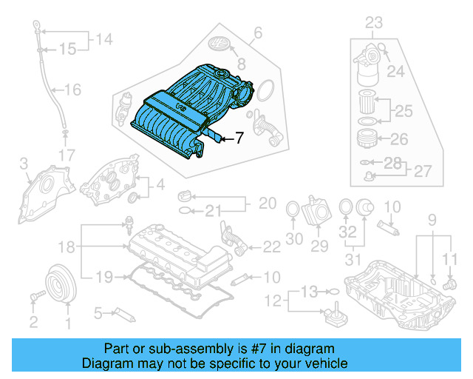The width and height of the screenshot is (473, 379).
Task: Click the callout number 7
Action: (239, 138)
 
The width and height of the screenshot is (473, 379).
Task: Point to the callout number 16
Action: (72, 90)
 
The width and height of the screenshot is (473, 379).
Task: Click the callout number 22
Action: (271, 246)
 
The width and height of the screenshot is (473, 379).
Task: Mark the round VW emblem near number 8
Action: (222, 43)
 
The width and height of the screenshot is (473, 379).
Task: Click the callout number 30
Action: (294, 239)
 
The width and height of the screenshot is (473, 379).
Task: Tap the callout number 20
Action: (266, 203)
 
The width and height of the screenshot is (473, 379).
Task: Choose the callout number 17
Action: (67, 155)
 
